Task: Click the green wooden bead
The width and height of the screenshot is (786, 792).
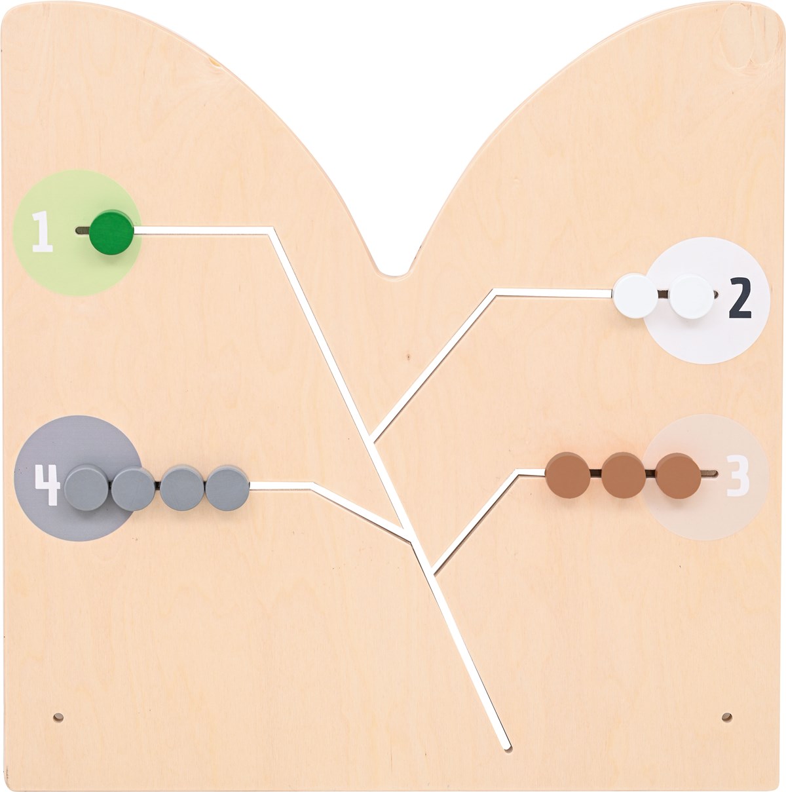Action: click(111, 232)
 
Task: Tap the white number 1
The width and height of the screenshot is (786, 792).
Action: click(43, 231)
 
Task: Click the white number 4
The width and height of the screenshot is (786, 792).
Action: click(48, 484)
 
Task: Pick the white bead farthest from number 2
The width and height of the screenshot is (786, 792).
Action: click(635, 296)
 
